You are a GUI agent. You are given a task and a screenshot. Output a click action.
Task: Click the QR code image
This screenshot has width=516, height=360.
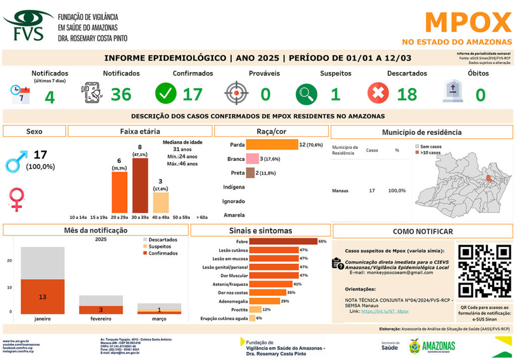(483, 270)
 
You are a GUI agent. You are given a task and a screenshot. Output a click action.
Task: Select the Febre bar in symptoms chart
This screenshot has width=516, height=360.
(283, 242)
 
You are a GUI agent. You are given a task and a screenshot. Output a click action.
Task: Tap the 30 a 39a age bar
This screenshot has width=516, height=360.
(140, 185)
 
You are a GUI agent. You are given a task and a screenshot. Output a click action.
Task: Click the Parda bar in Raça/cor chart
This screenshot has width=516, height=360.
(272, 145)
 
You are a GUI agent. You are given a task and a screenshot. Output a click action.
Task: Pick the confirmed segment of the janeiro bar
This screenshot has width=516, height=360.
(42, 296)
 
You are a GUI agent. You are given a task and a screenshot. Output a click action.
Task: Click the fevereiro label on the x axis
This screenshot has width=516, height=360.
(101, 319)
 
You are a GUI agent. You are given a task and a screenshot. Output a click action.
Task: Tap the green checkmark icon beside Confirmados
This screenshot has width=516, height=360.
(166, 93)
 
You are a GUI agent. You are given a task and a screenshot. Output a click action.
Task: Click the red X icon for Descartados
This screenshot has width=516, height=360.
(378, 93)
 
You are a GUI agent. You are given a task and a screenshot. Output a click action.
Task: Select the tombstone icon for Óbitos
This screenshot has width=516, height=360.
(453, 92)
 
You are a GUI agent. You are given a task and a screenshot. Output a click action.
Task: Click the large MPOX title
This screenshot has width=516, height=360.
(468, 23)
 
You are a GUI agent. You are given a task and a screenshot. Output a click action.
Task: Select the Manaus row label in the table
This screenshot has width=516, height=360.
(341, 191)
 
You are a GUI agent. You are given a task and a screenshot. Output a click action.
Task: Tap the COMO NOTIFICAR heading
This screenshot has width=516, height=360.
(423, 231)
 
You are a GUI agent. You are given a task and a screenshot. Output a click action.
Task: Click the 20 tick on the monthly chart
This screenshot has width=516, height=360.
(9, 261)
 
